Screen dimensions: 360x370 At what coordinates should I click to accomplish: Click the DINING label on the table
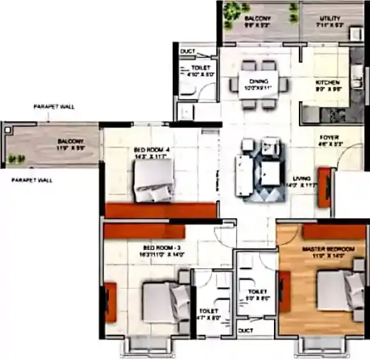[x=259, y=81]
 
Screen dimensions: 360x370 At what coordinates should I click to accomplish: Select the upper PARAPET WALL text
[x=54, y=107]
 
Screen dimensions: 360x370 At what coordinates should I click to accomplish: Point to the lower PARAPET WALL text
[x=31, y=181]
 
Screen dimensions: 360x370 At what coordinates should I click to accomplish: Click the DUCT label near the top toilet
[x=188, y=51]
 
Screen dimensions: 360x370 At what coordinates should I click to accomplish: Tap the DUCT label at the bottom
[x=245, y=331]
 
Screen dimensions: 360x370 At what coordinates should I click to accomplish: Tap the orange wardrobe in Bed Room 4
[x=161, y=210]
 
